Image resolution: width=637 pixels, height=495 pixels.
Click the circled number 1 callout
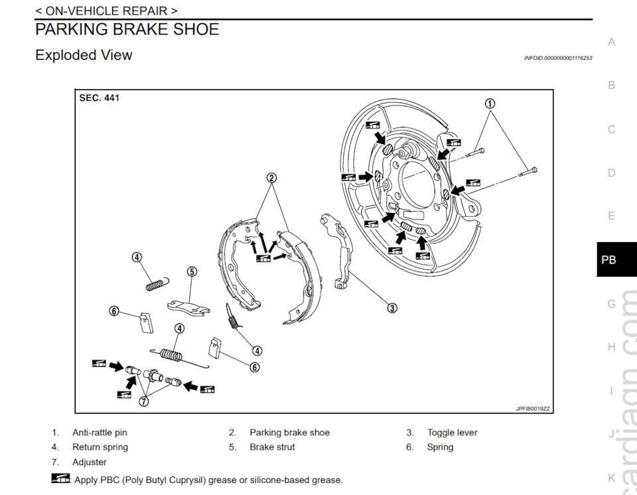(x=490, y=104)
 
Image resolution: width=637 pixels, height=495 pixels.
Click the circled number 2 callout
(x=271, y=177)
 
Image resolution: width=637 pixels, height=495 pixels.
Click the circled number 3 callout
(x=392, y=308)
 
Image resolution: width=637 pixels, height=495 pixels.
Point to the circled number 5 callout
(x=192, y=271)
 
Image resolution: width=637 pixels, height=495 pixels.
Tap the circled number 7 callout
(x=143, y=401)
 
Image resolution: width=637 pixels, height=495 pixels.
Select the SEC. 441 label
(x=100, y=98)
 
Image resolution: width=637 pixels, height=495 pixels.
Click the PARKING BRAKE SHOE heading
(x=127, y=29)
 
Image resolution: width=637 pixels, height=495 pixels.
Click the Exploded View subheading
(x=84, y=55)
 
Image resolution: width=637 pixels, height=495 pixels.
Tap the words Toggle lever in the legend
(x=452, y=433)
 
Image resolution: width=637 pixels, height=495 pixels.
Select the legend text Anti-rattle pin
(x=100, y=433)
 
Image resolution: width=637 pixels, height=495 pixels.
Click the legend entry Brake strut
(x=272, y=447)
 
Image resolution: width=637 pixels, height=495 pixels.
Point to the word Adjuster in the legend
(x=90, y=462)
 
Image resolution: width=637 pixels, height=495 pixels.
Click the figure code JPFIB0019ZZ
(x=533, y=409)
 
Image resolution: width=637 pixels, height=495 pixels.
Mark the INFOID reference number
(x=557, y=58)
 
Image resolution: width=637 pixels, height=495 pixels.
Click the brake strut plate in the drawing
(x=188, y=304)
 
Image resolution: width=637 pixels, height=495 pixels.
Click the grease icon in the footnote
(x=61, y=479)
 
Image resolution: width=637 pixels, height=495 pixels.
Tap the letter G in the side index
(x=611, y=304)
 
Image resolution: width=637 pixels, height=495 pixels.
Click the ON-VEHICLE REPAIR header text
(x=106, y=11)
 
